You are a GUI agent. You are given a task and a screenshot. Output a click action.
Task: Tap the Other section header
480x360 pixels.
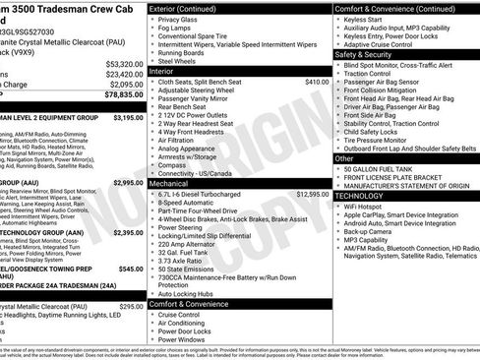tap(344, 157)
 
